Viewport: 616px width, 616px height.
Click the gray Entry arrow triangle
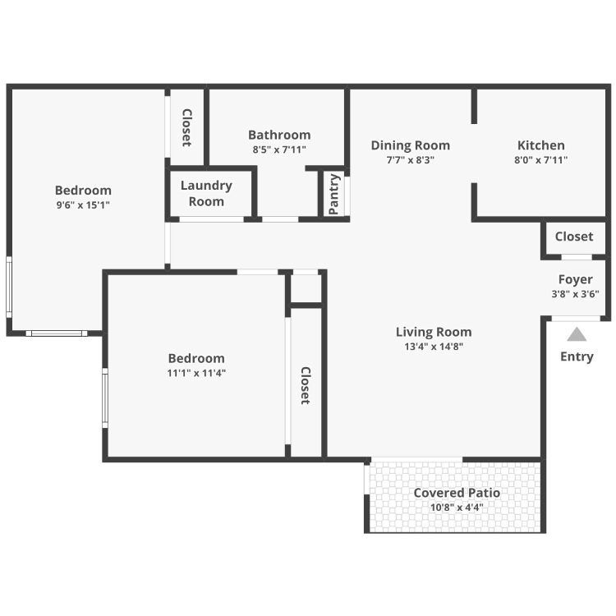(x=577, y=334)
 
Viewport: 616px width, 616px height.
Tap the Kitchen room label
(x=541, y=145)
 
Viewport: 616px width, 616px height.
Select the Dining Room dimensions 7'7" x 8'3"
(x=410, y=160)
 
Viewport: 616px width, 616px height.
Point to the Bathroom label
(x=279, y=135)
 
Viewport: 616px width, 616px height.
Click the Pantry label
(x=333, y=194)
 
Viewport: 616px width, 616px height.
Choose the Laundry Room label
(x=206, y=193)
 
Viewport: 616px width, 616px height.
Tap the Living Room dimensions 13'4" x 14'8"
(x=434, y=347)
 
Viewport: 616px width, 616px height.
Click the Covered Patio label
(x=457, y=493)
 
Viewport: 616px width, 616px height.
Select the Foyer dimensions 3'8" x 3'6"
(x=575, y=294)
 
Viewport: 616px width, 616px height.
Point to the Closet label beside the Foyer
(x=574, y=237)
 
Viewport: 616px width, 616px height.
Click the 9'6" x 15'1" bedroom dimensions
(x=83, y=205)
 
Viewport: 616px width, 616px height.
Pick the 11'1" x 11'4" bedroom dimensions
(x=196, y=373)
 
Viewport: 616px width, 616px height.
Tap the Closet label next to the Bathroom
(x=187, y=127)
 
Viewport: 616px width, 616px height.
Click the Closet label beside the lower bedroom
(x=306, y=386)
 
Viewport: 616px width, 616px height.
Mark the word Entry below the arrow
(x=577, y=356)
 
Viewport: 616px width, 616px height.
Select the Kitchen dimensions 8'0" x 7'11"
(x=541, y=160)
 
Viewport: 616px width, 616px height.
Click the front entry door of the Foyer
(x=576, y=318)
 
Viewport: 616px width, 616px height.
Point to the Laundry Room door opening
(x=211, y=219)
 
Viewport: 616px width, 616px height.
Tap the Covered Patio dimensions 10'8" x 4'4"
(x=457, y=508)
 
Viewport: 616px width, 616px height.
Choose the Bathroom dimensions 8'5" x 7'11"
(x=279, y=149)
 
